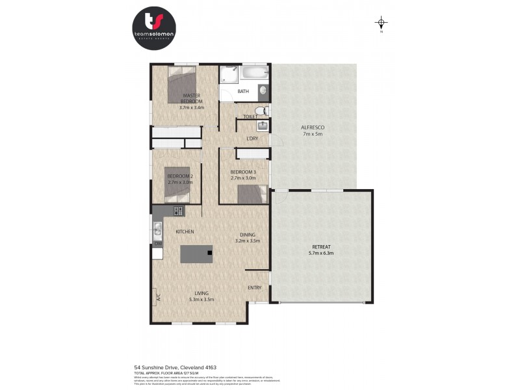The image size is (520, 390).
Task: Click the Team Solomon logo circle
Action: pos(153,27)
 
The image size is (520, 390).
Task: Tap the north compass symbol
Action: pos(382,24)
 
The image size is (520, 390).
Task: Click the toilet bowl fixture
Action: pos(261,110)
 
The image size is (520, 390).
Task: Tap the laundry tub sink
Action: pos(263,125)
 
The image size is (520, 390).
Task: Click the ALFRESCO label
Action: pos(313,127)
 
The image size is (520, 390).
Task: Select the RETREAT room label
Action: pos(322,247)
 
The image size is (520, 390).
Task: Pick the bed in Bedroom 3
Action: pos(252,194)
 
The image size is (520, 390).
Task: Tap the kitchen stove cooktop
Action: pos(177,211)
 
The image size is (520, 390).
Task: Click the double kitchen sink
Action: pos(157,227)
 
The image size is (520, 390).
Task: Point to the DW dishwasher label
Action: pos(157,243)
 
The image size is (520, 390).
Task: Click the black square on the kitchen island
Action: pos(210,252)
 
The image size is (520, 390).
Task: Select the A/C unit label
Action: pos(157,298)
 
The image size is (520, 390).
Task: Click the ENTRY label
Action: pos(255,287)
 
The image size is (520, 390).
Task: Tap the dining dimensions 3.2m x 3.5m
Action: pos(247,240)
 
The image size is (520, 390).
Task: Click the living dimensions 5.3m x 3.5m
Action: pos(201,300)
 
